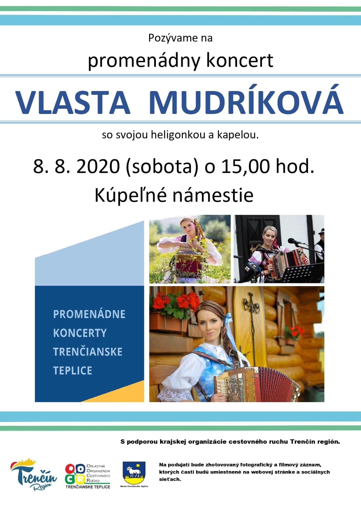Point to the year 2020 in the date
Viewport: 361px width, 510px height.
98,167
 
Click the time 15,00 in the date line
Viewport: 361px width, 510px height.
245,167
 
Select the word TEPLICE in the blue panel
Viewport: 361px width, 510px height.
73,371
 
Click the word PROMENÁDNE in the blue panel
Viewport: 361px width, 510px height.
89,314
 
